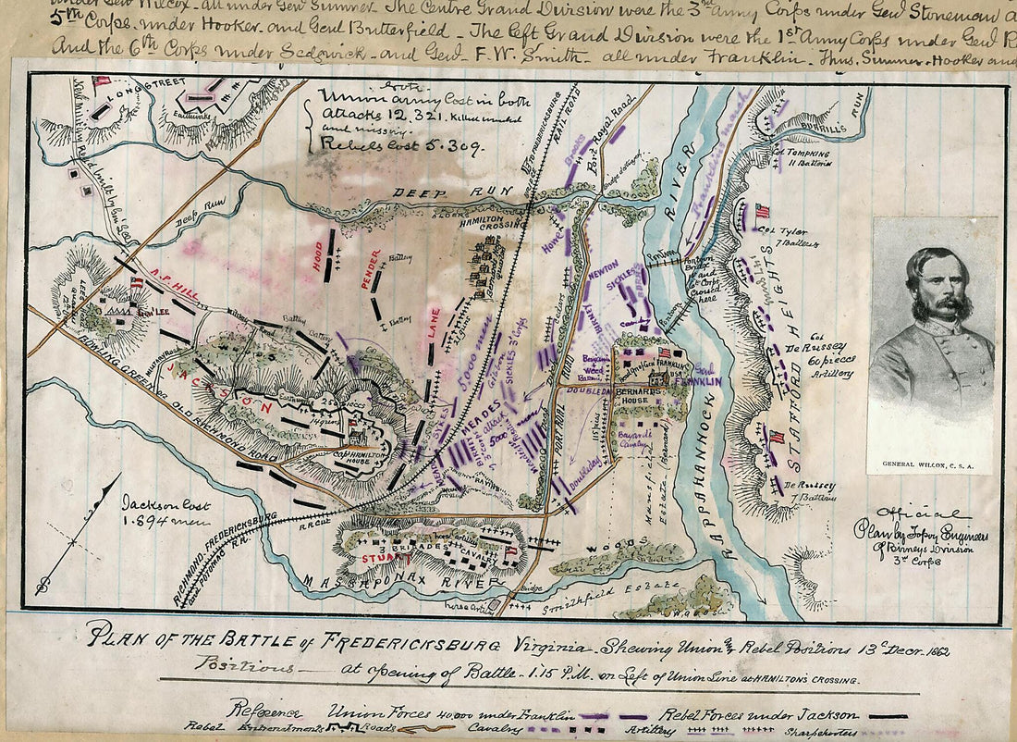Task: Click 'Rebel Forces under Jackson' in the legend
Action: (758, 713)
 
